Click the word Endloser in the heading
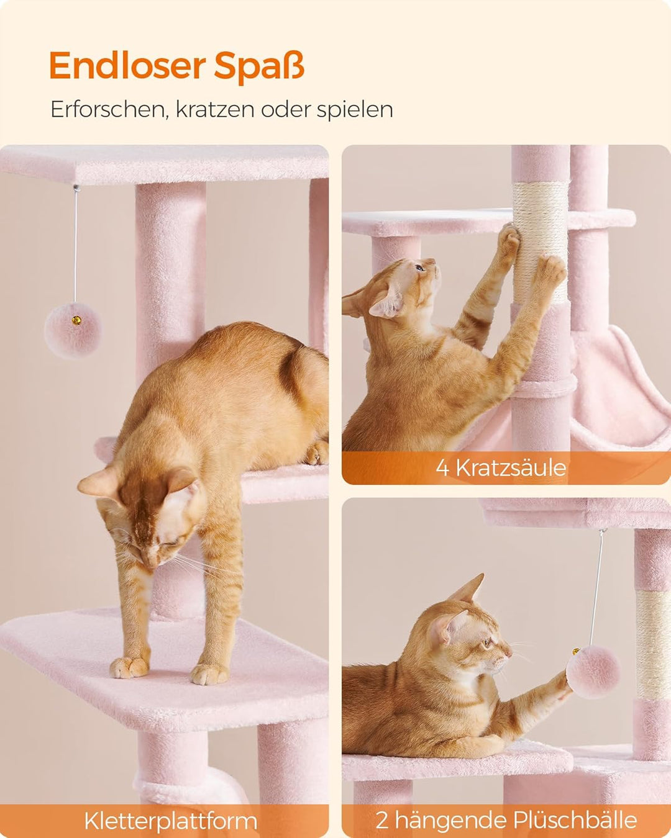127,66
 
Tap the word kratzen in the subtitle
215,109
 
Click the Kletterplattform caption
170,821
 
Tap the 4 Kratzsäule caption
501,467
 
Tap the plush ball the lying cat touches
593,672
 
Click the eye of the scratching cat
421,268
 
